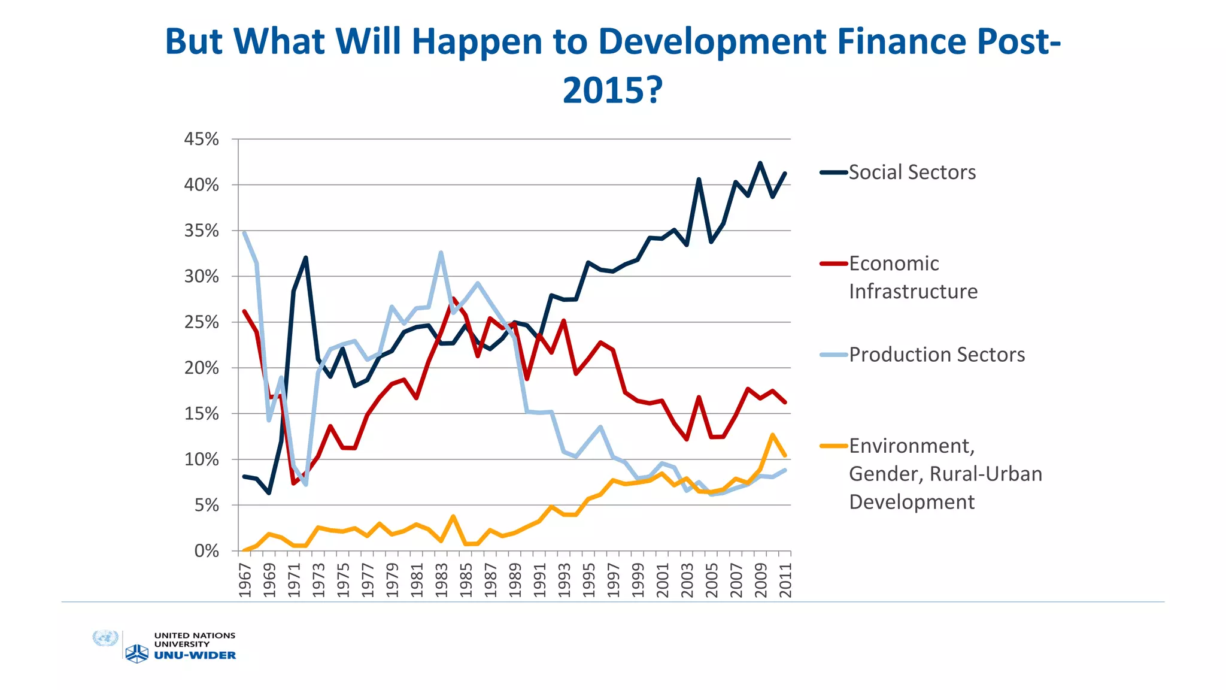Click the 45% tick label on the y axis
coord(201,140)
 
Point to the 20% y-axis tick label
coord(201,368)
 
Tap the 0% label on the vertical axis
coord(207,551)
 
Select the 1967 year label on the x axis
coord(245,580)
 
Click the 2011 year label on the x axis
coord(785,580)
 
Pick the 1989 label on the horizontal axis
coord(515,580)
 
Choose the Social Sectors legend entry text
coord(912,172)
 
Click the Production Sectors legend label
coord(936,355)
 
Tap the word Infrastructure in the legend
coord(913,292)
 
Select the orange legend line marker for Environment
coord(834,446)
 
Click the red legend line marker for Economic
coord(834,264)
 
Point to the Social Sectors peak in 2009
coord(760,163)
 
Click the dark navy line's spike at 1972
coord(306,258)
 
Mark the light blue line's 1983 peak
coord(441,253)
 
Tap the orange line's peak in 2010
coord(773,435)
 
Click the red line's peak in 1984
coord(453,298)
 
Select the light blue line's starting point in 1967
coord(244,233)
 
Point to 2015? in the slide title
coord(612,90)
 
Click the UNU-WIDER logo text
coord(195,656)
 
